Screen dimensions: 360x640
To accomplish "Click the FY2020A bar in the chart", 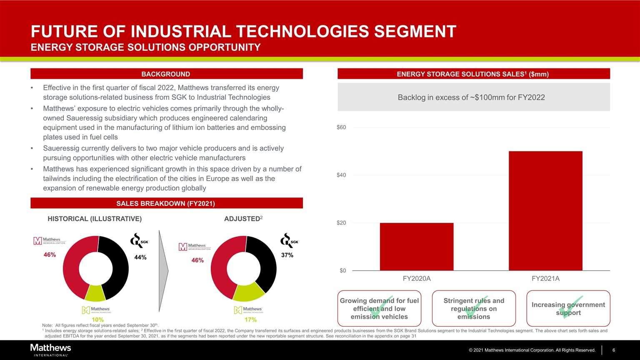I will click(x=416, y=247).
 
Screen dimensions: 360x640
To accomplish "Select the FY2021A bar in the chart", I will click(x=545, y=211).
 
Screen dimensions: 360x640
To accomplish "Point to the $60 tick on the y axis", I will click(x=341, y=127).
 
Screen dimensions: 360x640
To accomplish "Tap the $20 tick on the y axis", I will click(x=341, y=223).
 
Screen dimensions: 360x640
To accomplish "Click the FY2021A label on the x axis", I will click(x=545, y=279).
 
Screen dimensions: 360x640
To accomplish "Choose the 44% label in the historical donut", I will click(x=140, y=257).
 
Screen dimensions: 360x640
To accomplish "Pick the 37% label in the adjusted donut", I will click(x=287, y=255).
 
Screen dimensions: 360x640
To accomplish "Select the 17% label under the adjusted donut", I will click(x=250, y=320).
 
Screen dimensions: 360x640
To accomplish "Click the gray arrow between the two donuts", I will click(x=163, y=270).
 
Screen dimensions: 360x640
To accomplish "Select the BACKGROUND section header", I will click(x=166, y=74).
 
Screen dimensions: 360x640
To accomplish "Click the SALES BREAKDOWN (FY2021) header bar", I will click(x=166, y=203).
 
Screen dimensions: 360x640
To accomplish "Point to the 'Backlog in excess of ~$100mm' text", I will click(x=471, y=97).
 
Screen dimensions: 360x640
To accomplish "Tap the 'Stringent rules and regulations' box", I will click(x=474, y=308).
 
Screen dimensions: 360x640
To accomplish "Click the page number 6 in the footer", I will click(x=613, y=350).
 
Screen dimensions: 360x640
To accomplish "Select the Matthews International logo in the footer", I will click(x=50, y=350).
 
